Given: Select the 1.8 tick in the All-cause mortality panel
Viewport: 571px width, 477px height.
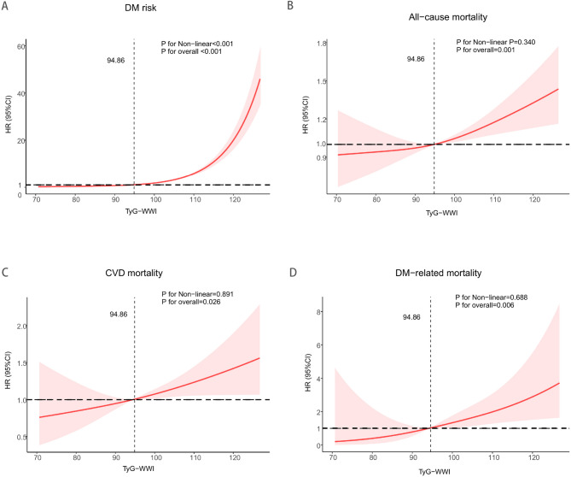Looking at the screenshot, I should tap(323, 44).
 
